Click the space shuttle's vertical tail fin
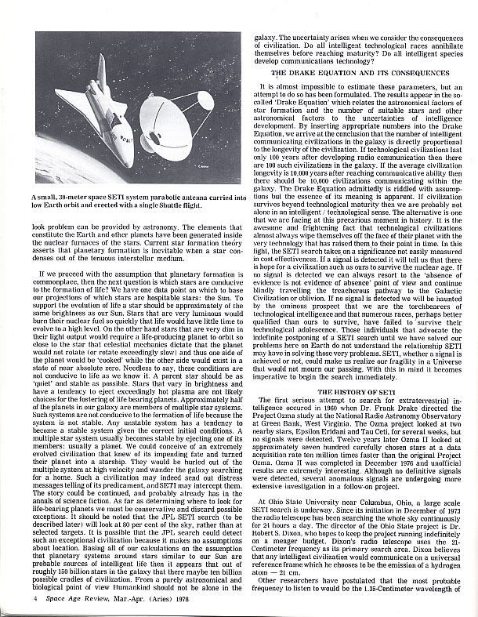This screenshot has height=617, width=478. [100, 71]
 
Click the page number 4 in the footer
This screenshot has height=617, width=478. [36, 599]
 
